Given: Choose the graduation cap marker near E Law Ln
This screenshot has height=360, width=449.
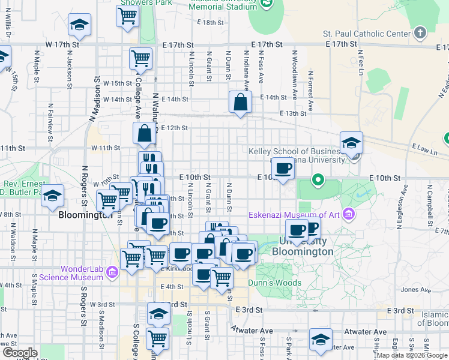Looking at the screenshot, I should click(x=351, y=143).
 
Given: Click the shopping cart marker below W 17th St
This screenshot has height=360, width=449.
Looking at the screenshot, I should click(x=140, y=59).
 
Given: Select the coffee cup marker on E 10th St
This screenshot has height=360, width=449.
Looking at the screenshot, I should click(x=283, y=169).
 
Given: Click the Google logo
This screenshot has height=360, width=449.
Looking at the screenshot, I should click(x=20, y=352).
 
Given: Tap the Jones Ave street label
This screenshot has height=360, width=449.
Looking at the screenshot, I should click(x=416, y=289).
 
